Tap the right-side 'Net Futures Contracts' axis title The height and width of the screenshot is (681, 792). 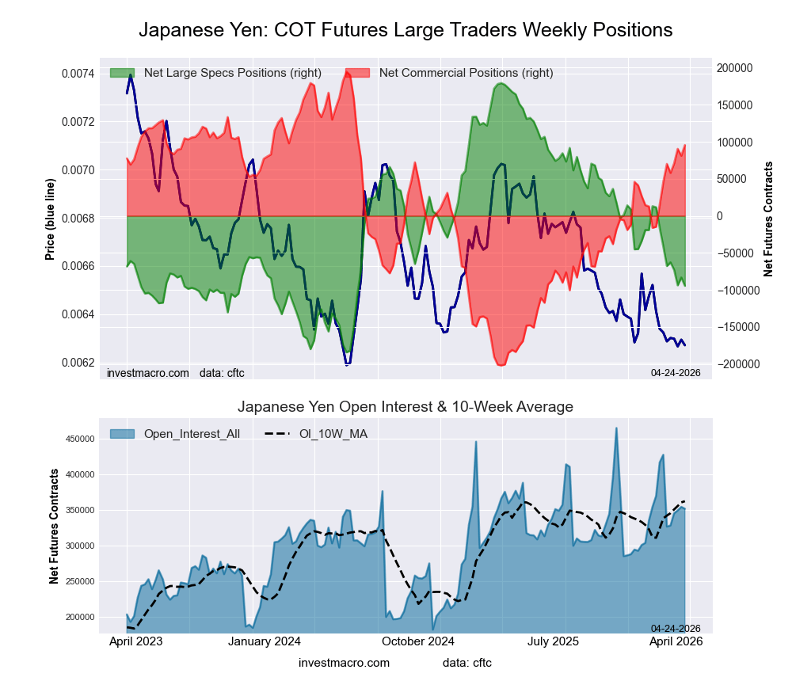pyautogui.click(x=767, y=219)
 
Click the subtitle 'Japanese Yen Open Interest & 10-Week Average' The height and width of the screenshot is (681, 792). pyautogui.click(x=406, y=407)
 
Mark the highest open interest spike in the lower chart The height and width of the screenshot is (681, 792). pyautogui.click(x=616, y=428)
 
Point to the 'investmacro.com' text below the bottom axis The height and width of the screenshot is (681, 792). pyautogui.click(x=344, y=663)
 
